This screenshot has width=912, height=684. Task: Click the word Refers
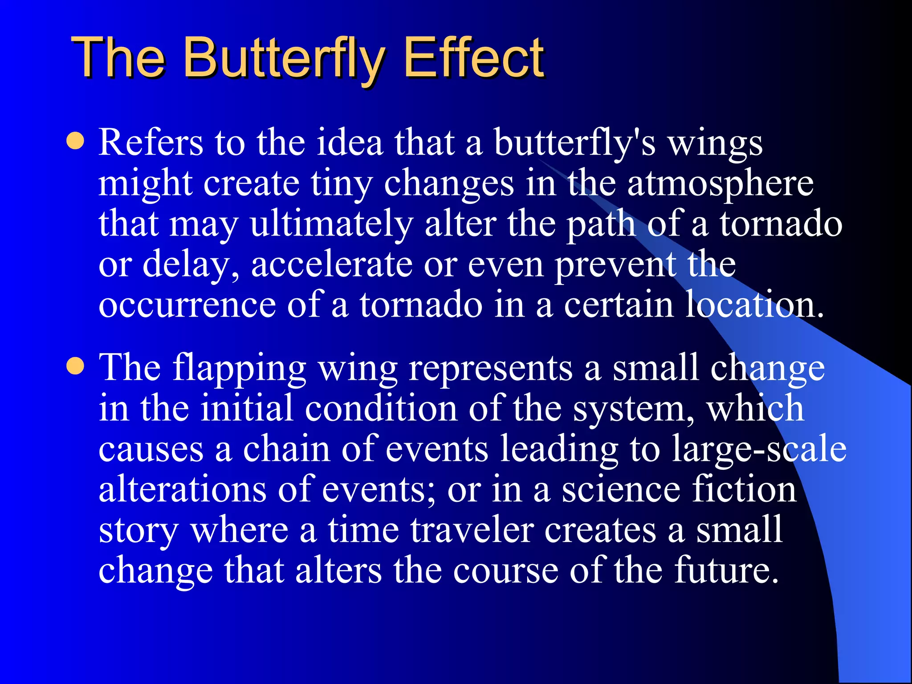[x=151, y=143]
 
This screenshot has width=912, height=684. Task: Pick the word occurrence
[x=187, y=305]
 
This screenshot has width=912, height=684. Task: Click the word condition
[x=381, y=409]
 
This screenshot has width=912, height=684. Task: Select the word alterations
[x=183, y=490]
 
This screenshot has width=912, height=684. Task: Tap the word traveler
[x=472, y=530]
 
